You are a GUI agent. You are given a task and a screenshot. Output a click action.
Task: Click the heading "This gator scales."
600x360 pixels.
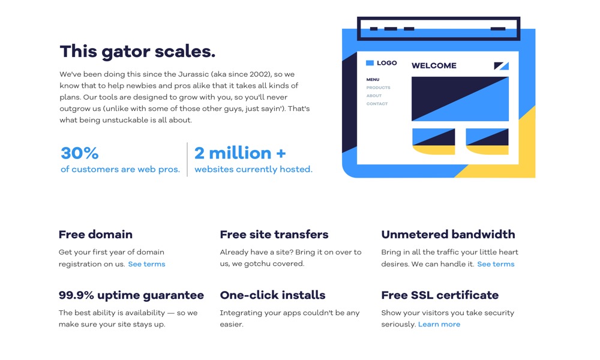pyautogui.click(x=137, y=51)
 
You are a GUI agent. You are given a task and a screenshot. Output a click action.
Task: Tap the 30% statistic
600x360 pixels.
pyautogui.click(x=80, y=153)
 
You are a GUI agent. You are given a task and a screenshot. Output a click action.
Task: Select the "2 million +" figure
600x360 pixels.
pyautogui.click(x=240, y=153)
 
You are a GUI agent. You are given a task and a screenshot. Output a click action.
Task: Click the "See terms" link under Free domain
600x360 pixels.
pyautogui.click(x=146, y=264)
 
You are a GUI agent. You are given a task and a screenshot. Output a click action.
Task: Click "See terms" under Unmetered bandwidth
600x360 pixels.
pyautogui.click(x=496, y=264)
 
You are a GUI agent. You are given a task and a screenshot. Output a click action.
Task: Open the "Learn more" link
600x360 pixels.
pyautogui.click(x=439, y=325)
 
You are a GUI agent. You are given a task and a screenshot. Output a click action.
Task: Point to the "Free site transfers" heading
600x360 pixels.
pyautogui.click(x=274, y=234)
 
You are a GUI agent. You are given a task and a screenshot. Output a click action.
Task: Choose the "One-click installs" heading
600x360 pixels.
pyautogui.click(x=272, y=295)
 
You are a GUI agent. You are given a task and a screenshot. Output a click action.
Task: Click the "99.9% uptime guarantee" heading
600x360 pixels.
pyautogui.click(x=131, y=295)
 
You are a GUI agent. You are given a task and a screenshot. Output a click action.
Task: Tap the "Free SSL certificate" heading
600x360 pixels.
pyautogui.click(x=440, y=295)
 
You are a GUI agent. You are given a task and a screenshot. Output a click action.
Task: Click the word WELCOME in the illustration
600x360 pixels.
pyautogui.click(x=434, y=66)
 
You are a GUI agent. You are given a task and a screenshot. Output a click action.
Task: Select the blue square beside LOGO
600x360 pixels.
pyautogui.click(x=370, y=63)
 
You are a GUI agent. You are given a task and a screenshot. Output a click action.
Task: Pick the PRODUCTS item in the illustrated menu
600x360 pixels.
pyautogui.click(x=378, y=88)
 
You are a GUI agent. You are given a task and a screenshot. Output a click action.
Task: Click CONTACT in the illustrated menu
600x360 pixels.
pyautogui.click(x=377, y=104)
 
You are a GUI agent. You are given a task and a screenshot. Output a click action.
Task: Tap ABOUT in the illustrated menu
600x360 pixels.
pyautogui.click(x=374, y=95)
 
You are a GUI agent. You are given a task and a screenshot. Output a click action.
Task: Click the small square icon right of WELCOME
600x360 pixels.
pyautogui.click(x=501, y=66)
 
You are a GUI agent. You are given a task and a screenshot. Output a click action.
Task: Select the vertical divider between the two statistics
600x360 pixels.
pyautogui.click(x=187, y=160)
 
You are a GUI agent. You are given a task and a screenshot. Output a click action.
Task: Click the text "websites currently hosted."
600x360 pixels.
pyautogui.click(x=253, y=169)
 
